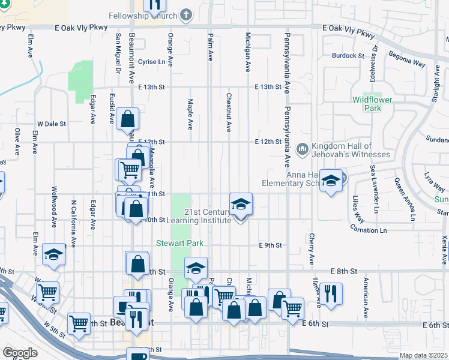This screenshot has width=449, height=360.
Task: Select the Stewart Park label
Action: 180,243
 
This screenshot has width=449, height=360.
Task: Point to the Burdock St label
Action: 349,55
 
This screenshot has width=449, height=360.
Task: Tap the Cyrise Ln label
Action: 151,62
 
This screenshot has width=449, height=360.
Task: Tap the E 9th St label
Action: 270,245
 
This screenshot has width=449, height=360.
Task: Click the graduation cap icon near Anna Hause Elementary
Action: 331,180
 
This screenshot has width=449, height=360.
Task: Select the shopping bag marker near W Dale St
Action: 128,119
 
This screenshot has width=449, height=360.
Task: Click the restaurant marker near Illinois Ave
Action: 330,294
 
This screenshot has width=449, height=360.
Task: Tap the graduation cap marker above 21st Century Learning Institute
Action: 241,204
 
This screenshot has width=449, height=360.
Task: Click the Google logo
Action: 20,353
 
